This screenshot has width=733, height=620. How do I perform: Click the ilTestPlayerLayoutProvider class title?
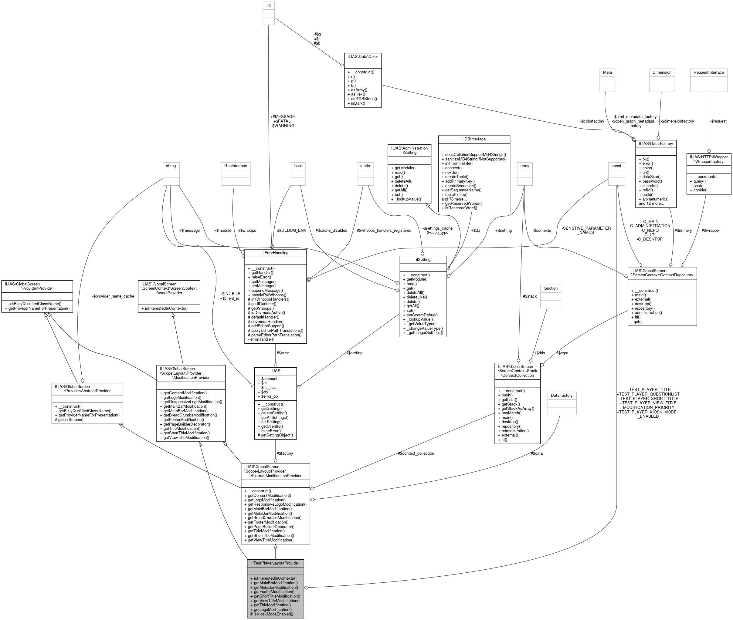pos(275,563)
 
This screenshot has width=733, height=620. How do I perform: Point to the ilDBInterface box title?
pos(474,139)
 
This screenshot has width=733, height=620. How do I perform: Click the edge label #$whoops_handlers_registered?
pos(384,231)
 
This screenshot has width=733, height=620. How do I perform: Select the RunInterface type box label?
pos(236,166)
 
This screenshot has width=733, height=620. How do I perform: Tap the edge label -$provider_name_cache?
pos(113,296)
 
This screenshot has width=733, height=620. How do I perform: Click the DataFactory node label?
pos(562,396)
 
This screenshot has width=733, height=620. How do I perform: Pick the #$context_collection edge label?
pos(416,453)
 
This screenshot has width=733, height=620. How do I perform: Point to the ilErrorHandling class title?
pos(275,253)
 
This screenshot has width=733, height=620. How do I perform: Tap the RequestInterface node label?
pos(708,72)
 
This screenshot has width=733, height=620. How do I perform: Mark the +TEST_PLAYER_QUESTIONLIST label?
pos(648,394)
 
